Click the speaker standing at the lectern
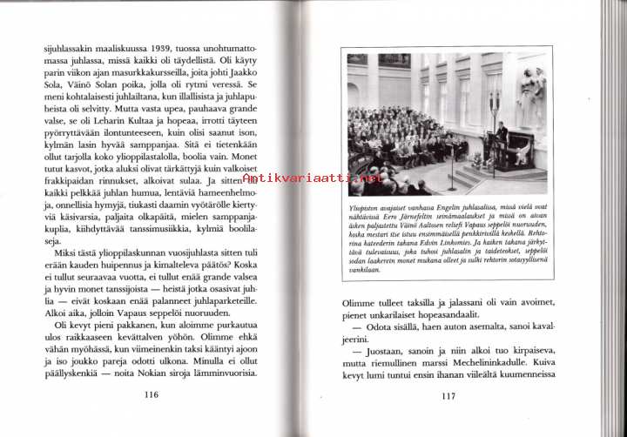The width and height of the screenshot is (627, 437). [x=501, y=132]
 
